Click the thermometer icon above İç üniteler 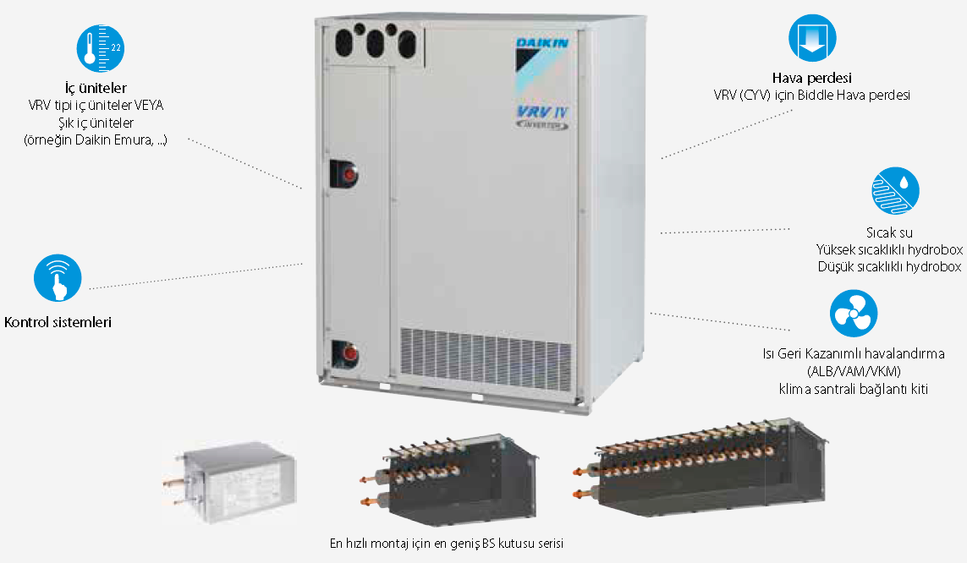tap(101, 49)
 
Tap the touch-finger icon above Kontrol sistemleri tap(58, 278)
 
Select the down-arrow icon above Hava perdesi tap(812, 38)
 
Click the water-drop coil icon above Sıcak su tap(895, 191)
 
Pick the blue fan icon tap(854, 314)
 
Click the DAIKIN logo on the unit tap(542, 42)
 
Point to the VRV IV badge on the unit tap(542, 117)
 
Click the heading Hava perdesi tap(811, 79)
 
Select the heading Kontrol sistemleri tap(58, 322)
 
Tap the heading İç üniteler tap(96, 88)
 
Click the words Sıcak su tap(889, 232)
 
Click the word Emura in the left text tap(133, 140)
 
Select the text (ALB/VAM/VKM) tap(854, 371)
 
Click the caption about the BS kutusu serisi tap(447, 544)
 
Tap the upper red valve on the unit tap(349, 174)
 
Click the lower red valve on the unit tap(349, 354)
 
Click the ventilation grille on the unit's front tap(486, 358)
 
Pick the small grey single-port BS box tap(230, 483)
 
